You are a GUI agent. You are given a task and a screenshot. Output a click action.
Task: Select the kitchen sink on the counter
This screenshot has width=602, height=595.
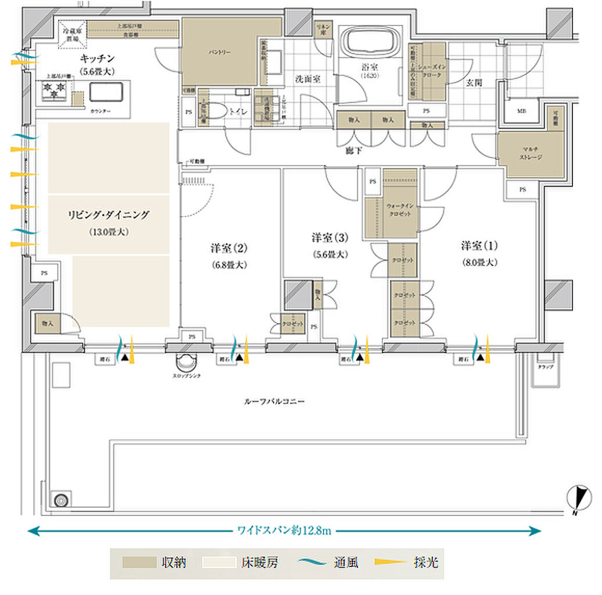pos(106,92)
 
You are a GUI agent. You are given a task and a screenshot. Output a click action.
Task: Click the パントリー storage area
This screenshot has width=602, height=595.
pos(220,52)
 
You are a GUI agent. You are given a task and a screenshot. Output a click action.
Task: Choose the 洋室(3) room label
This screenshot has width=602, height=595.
pos(329,238)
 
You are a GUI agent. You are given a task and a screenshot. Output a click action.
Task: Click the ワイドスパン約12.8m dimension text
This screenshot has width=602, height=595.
pos(284,530)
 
